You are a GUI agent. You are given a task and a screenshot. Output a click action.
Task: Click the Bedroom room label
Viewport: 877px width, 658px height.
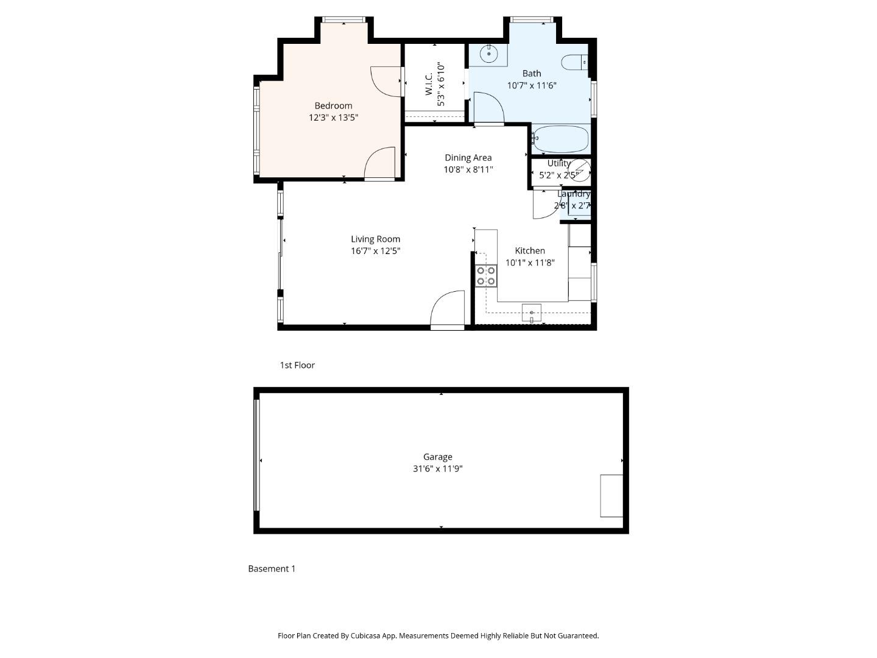pyautogui.click(x=333, y=105)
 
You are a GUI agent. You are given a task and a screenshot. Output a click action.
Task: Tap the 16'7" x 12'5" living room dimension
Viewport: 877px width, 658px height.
pyautogui.click(x=375, y=251)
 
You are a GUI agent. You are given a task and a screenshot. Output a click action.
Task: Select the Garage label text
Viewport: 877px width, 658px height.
pyautogui.click(x=437, y=457)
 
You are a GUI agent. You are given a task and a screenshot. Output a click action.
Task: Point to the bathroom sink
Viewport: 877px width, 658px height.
pyautogui.click(x=488, y=54)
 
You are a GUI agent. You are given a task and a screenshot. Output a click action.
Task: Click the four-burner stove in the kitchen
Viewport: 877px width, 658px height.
pyautogui.click(x=485, y=276)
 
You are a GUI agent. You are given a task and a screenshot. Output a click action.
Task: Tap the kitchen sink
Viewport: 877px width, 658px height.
pyautogui.click(x=531, y=313)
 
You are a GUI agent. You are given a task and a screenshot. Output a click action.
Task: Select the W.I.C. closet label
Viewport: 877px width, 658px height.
pyautogui.click(x=428, y=84)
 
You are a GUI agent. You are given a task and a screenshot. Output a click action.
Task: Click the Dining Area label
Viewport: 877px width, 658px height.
pyautogui.click(x=468, y=158)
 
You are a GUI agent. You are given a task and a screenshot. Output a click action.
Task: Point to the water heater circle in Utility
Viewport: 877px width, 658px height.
pyautogui.click(x=579, y=171)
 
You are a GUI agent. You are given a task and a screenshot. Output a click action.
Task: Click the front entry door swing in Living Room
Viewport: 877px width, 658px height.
pyautogui.click(x=448, y=310)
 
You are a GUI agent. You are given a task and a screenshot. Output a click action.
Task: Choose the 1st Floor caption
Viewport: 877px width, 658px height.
pyautogui.click(x=297, y=365)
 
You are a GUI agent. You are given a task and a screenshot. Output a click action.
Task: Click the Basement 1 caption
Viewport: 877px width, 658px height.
pyautogui.click(x=272, y=568)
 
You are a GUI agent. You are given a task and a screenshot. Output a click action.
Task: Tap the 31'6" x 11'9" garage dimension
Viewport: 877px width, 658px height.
pyautogui.click(x=437, y=469)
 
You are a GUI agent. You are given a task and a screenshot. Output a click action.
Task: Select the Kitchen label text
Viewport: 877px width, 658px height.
pyautogui.click(x=530, y=250)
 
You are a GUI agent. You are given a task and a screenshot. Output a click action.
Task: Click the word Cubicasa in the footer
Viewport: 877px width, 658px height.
pyautogui.click(x=366, y=635)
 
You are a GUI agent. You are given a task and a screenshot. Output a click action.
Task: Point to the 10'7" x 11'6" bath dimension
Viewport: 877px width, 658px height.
pyautogui.click(x=532, y=86)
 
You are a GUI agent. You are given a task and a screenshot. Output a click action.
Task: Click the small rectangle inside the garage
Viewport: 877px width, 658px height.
pyautogui.click(x=611, y=496)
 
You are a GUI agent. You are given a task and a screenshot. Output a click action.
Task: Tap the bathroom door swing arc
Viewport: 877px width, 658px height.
pyautogui.click(x=488, y=108)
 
